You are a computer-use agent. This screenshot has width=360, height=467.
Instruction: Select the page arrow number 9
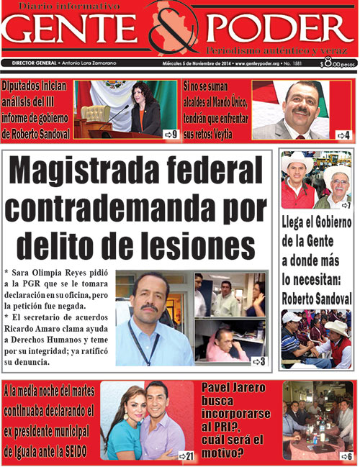point(171,134)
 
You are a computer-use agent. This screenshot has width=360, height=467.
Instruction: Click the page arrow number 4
point(343,135)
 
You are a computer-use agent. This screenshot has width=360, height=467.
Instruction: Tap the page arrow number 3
point(258,361)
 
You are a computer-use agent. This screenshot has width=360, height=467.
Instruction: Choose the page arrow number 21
point(186,456)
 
